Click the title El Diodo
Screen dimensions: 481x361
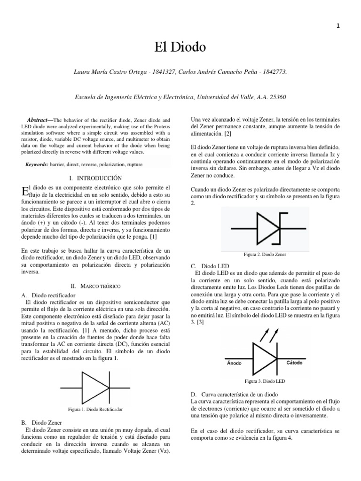click(180, 48)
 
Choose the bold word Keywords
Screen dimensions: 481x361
click(36, 165)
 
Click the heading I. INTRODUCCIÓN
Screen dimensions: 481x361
click(95, 178)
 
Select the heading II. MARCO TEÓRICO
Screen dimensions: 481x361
click(95, 286)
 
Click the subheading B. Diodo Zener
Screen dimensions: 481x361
click(39, 423)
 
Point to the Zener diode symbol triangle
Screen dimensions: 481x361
click(267, 228)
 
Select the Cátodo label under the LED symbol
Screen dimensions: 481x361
click(294, 363)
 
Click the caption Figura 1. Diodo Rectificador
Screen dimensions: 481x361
click(95, 410)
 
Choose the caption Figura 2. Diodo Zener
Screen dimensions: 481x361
click(265, 254)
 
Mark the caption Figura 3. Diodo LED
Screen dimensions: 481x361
click(265, 381)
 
